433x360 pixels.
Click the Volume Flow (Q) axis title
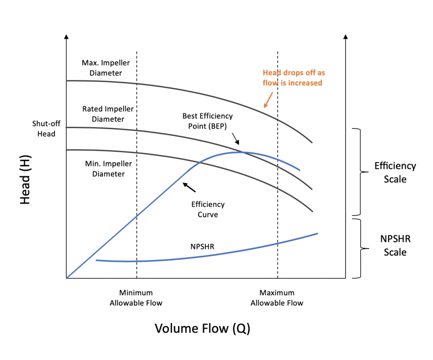point(202,328)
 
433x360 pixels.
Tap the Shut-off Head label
point(44,129)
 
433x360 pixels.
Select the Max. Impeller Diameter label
point(106,68)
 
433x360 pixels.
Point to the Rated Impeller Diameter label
point(108,114)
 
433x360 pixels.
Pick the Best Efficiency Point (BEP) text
point(207,121)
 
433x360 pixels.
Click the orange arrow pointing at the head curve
point(267,99)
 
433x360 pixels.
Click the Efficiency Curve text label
point(208,209)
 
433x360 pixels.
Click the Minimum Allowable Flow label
point(136,298)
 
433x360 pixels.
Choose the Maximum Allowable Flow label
point(277,298)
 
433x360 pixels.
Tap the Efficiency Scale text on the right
point(395,172)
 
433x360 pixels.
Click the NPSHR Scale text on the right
point(395,245)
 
